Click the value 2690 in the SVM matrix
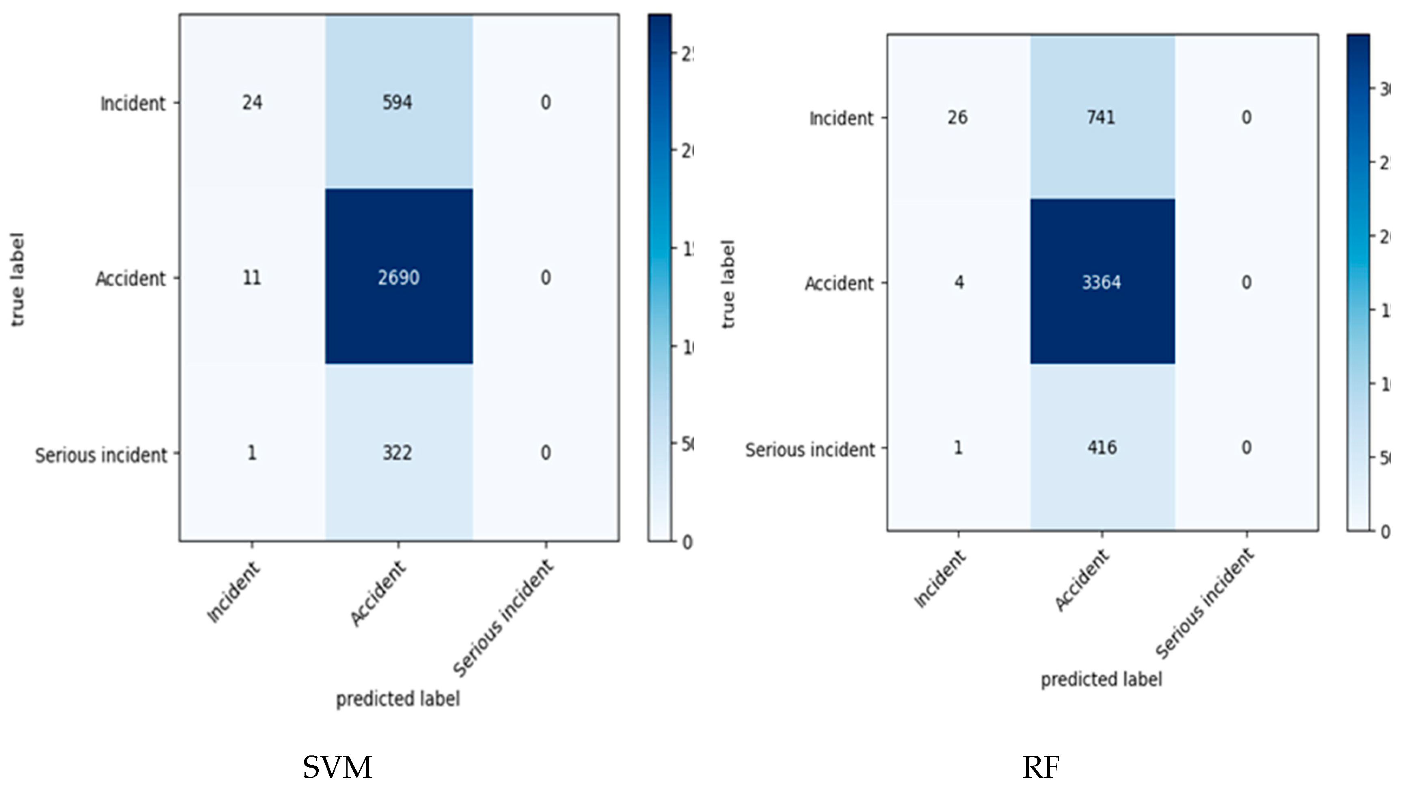[398, 278]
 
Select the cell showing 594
[397, 102]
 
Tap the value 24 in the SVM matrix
[252, 102]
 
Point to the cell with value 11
[251, 278]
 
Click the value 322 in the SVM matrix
[397, 453]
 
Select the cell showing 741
[1101, 117]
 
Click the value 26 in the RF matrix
[957, 117]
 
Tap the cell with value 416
[1102, 448]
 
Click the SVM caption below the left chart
[337, 768]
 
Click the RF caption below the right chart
[1041, 768]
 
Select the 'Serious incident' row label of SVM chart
[101, 455]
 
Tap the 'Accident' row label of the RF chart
[839, 283]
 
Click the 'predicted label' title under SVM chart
[398, 698]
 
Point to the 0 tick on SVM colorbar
[687, 542]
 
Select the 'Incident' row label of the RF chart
[841, 118]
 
